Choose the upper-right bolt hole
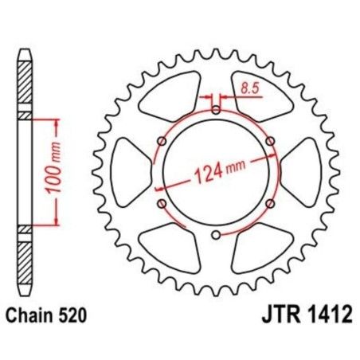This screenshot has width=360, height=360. [x=271, y=141]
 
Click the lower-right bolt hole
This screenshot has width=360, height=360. [x=271, y=204]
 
